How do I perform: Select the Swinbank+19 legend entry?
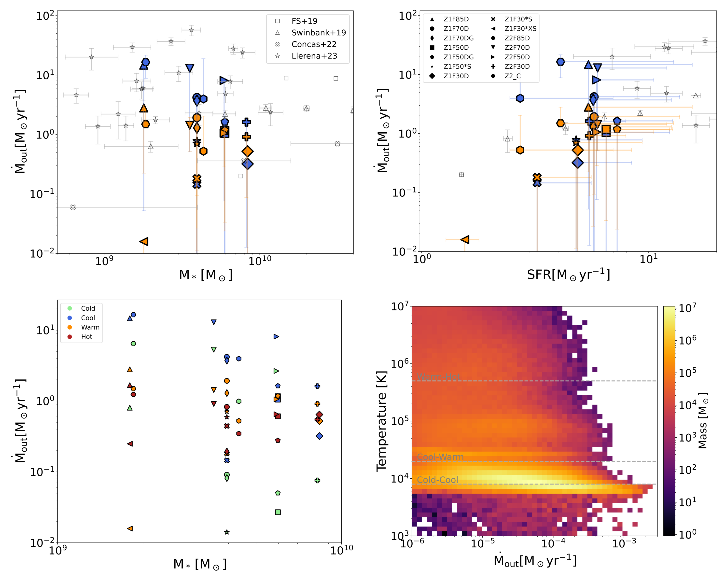click(318, 33)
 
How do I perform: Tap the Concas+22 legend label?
click(314, 44)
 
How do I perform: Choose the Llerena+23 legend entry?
click(314, 56)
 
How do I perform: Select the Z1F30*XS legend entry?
click(520, 29)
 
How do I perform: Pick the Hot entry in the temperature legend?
click(86, 336)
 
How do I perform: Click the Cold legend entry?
click(88, 308)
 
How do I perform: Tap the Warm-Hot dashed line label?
click(438, 377)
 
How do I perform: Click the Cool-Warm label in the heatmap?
click(440, 457)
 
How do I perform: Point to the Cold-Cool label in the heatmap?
click(437, 480)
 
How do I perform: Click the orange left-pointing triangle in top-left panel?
click(144, 241)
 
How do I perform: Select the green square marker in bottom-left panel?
click(278, 512)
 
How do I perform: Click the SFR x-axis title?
click(569, 275)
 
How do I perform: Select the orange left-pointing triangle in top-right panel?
click(465, 240)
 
